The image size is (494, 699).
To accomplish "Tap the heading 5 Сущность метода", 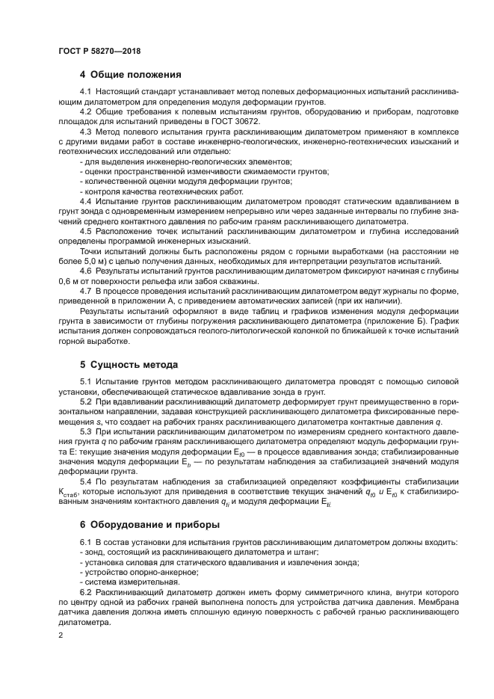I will point(129,365).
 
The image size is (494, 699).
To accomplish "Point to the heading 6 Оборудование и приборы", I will point(149,525).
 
